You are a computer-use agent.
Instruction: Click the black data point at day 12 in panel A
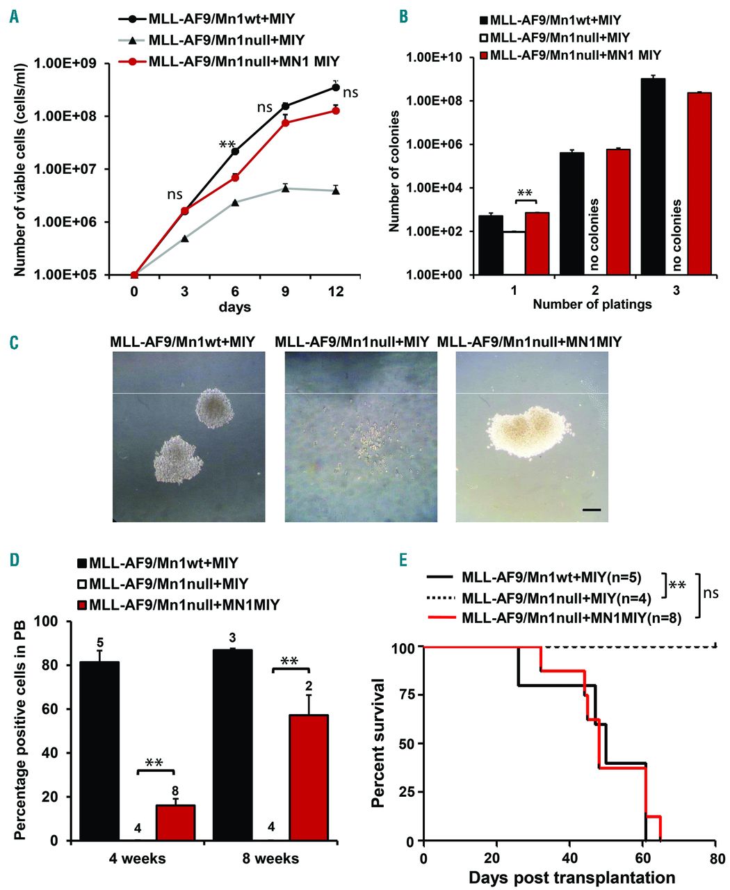click(336, 88)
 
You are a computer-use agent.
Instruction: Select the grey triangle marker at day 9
click(285, 188)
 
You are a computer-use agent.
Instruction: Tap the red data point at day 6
click(235, 177)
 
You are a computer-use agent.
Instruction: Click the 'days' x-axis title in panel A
click(235, 307)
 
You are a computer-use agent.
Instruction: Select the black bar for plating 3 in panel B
click(653, 177)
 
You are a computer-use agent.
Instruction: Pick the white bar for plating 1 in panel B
click(514, 253)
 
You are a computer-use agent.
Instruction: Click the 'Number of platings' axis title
click(592, 304)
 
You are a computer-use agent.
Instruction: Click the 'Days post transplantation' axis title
click(571, 877)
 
